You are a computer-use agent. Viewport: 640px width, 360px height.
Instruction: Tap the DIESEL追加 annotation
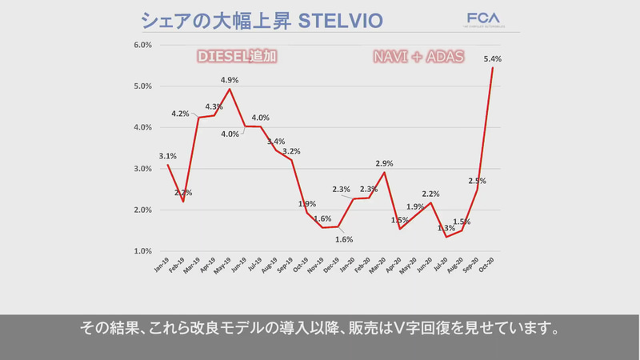tap(238, 58)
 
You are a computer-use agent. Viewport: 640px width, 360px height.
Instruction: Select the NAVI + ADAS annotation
tap(419, 58)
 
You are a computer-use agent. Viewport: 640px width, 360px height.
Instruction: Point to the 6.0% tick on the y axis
tap(141, 45)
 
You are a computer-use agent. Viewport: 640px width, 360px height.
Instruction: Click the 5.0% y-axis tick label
tap(141, 86)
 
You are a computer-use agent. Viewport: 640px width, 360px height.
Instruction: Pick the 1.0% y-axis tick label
tap(141, 251)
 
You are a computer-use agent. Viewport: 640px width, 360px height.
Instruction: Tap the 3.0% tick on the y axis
tap(141, 169)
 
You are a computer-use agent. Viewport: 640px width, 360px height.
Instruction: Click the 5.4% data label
tap(493, 58)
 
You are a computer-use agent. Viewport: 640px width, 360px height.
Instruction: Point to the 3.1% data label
tap(167, 156)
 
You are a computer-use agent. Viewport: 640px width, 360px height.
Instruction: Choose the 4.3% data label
tap(214, 106)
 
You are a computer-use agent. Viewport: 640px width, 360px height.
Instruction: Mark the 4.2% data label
tap(180, 114)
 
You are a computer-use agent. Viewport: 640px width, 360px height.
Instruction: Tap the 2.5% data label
tap(478, 181)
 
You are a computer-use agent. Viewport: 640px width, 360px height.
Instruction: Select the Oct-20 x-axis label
tap(489, 266)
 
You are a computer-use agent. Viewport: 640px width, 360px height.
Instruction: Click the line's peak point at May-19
tap(230, 89)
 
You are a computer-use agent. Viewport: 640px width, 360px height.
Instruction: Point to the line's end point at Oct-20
tap(492, 68)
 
